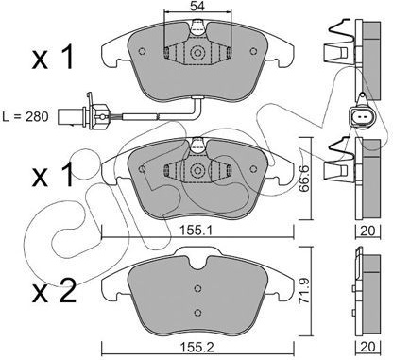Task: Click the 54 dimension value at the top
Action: coord(197,6)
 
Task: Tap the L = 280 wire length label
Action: coord(26,117)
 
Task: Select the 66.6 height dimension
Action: coord(304,179)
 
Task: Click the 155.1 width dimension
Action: coord(197,231)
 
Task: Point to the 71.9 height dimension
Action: coord(304,291)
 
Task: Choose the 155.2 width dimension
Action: coord(197,348)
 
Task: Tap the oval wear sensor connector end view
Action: coord(361,118)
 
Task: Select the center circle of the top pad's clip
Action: coord(197,53)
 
